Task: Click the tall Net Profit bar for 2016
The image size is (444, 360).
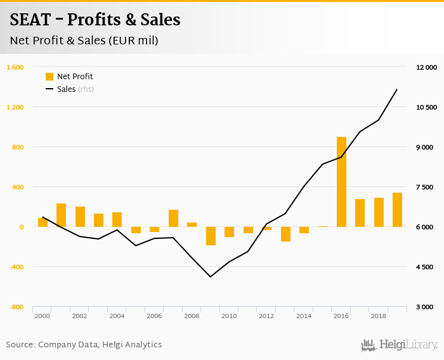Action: click(x=341, y=182)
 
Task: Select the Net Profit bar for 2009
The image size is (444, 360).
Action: click(x=211, y=236)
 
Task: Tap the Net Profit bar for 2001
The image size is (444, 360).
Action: click(x=62, y=215)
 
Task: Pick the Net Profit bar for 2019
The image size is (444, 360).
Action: click(x=397, y=210)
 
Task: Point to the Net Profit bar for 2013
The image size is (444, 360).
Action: click(x=285, y=234)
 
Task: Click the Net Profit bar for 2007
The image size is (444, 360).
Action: click(x=173, y=218)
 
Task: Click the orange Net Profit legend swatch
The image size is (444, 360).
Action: click(x=49, y=77)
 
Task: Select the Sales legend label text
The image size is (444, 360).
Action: click(x=67, y=89)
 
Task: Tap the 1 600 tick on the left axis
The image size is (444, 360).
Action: click(x=15, y=67)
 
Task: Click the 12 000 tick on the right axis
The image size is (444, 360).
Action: click(x=427, y=67)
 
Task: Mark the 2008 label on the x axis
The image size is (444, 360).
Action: click(x=192, y=316)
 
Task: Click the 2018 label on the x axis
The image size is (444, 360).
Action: click(x=378, y=316)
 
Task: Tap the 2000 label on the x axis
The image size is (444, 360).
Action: click(x=42, y=316)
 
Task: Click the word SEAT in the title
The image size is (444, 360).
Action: click(x=31, y=20)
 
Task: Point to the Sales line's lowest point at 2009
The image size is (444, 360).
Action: click(x=211, y=276)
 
